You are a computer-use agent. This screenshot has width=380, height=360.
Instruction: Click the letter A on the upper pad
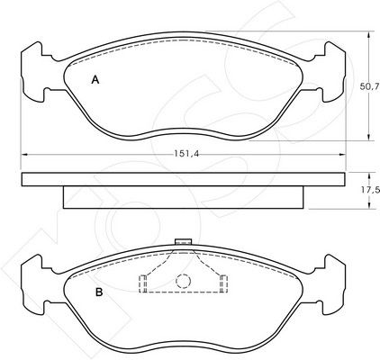[95, 80]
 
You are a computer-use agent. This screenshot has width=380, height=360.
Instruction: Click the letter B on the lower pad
[99, 292]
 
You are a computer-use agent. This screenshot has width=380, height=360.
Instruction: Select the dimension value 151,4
[186, 154]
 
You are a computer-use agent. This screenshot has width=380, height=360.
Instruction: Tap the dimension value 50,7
[369, 87]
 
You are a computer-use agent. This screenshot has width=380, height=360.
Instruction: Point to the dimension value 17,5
[370, 190]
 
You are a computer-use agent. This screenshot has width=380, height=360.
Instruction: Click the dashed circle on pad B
[183, 281]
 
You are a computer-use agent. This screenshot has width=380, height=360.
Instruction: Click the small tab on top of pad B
[183, 241]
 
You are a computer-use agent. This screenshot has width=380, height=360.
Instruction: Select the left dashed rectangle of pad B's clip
[142, 283]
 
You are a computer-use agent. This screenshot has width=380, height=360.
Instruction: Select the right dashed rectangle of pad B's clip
[223, 283]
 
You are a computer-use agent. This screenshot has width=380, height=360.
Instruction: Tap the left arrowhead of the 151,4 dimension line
[24, 154]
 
